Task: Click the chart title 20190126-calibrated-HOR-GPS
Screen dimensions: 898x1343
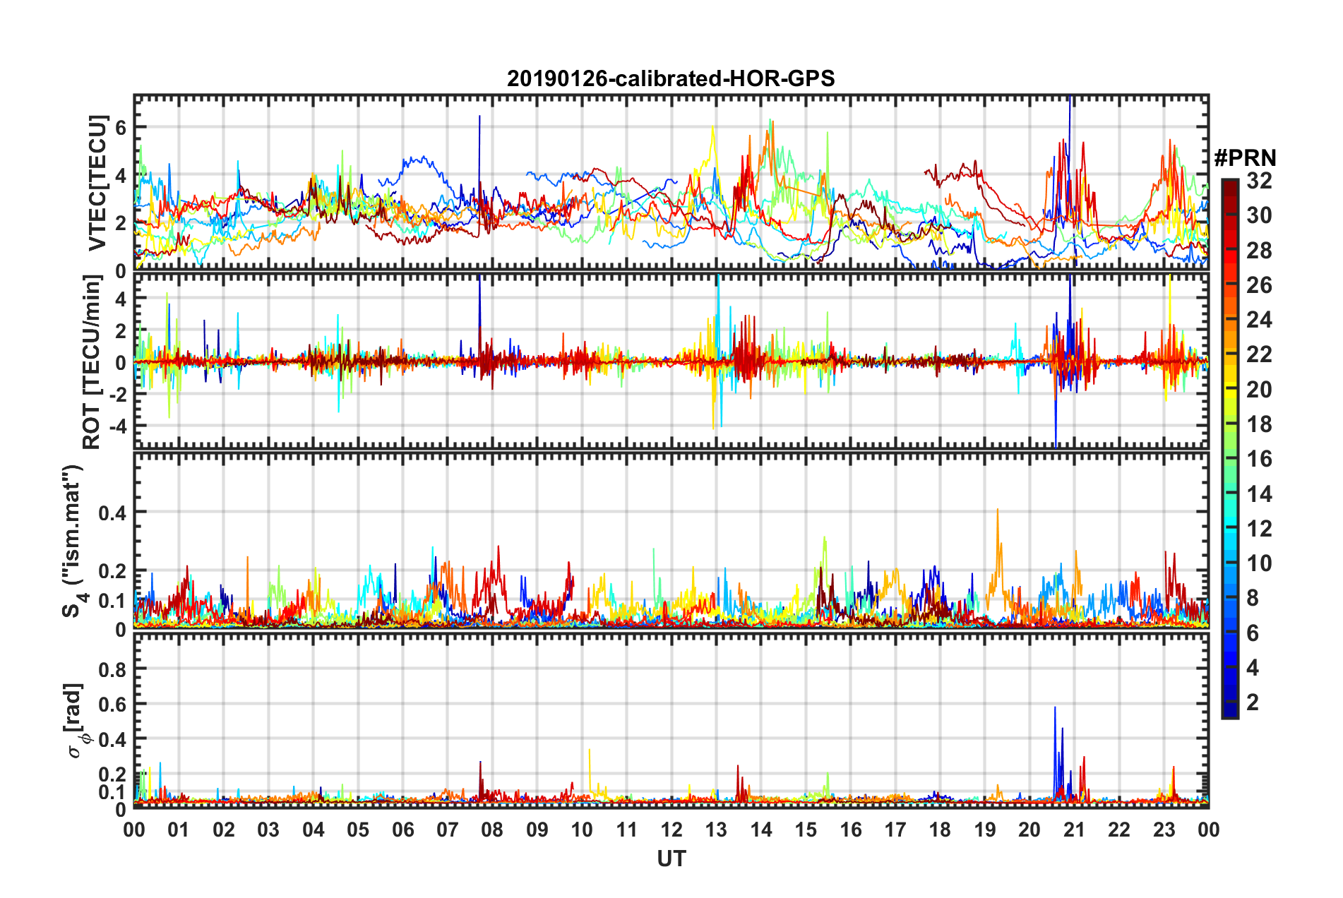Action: [x=671, y=78]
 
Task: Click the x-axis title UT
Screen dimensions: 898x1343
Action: [x=671, y=858]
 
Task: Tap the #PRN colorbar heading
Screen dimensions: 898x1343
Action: [x=1245, y=158]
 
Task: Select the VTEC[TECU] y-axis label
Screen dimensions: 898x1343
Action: [x=97, y=184]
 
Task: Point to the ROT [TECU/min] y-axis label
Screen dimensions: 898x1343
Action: [x=92, y=361]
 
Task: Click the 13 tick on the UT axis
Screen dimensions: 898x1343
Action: [x=716, y=830]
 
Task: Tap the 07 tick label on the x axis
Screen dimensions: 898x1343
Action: [x=448, y=830]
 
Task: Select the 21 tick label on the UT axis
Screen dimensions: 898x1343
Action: [x=1074, y=830]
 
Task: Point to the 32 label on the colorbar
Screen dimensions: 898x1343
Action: [x=1259, y=181]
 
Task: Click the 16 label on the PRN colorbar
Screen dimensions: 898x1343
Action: [x=1259, y=459]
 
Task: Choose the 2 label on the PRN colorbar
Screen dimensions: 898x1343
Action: [x=1253, y=702]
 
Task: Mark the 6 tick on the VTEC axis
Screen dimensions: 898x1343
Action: [x=121, y=127]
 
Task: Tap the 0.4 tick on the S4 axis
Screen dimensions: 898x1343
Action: [x=113, y=512]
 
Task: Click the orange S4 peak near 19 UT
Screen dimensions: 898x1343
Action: [x=997, y=510]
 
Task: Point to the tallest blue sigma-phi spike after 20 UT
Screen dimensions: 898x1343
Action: [x=1055, y=708]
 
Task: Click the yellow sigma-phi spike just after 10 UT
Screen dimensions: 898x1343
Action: [x=590, y=750]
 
